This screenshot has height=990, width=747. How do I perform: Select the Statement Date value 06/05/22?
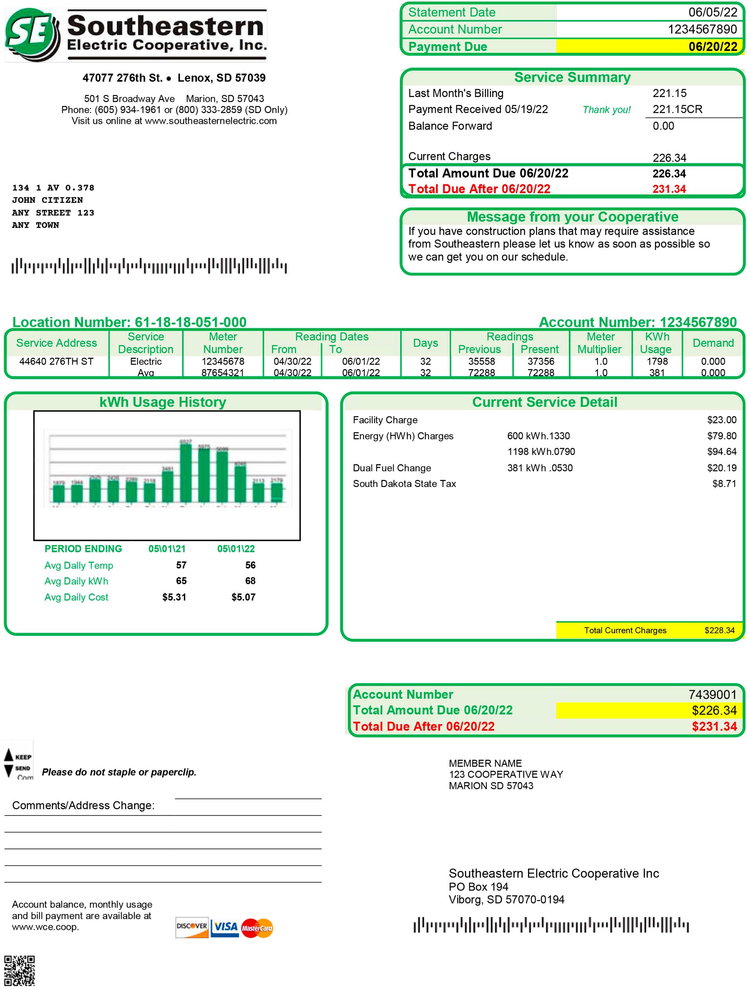click(x=712, y=12)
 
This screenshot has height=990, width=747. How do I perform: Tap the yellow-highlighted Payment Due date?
click(x=712, y=46)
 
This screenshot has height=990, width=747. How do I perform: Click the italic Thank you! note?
click(x=606, y=110)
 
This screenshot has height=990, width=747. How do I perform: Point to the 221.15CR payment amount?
click(x=677, y=109)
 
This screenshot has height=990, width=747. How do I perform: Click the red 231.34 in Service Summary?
click(x=669, y=189)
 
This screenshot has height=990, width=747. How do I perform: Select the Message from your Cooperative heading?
click(x=572, y=217)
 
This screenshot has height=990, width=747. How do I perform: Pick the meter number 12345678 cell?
click(x=223, y=361)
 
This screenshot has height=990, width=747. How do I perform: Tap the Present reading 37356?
click(x=541, y=361)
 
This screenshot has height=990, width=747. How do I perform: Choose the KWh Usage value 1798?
click(x=657, y=361)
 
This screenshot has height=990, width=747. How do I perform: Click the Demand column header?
click(x=712, y=343)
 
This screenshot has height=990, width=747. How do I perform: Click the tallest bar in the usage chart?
click(x=186, y=472)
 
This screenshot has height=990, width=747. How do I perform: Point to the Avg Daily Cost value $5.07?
click(x=243, y=597)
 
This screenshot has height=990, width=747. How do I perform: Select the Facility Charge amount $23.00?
click(x=721, y=420)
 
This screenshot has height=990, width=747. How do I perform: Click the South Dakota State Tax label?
click(x=404, y=483)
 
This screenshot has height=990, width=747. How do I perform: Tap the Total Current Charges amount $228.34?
click(x=719, y=630)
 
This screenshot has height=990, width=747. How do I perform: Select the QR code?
click(x=19, y=970)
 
